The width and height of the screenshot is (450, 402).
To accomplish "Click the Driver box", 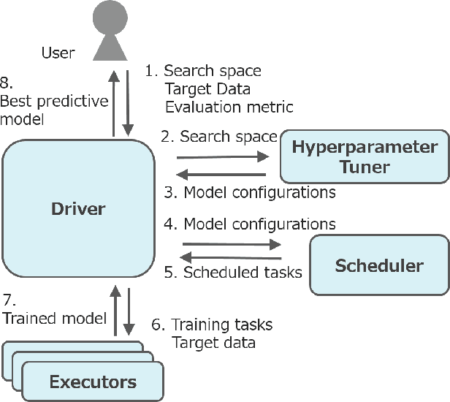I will [77, 209].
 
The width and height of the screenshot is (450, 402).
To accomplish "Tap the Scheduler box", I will [379, 265].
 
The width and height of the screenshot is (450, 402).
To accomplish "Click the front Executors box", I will [92, 381].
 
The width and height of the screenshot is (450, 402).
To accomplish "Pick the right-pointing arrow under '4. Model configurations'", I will [231, 244].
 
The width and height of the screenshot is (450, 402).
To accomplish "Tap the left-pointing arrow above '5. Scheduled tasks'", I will [231, 257].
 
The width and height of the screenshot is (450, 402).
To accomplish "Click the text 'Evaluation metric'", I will [229, 107].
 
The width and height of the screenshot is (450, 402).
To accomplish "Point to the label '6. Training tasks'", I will [212, 324].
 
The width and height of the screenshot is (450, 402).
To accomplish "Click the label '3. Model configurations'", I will [249, 192].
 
